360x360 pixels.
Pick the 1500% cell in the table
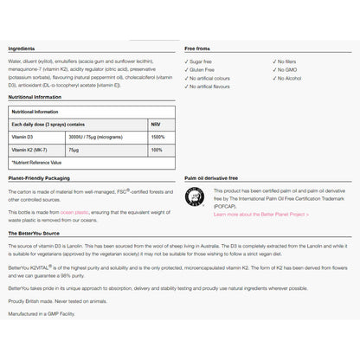(x=157, y=138)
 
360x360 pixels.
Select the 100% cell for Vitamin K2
(x=156, y=150)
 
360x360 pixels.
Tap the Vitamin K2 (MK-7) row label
(x=30, y=150)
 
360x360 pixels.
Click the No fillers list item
(x=287, y=62)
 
